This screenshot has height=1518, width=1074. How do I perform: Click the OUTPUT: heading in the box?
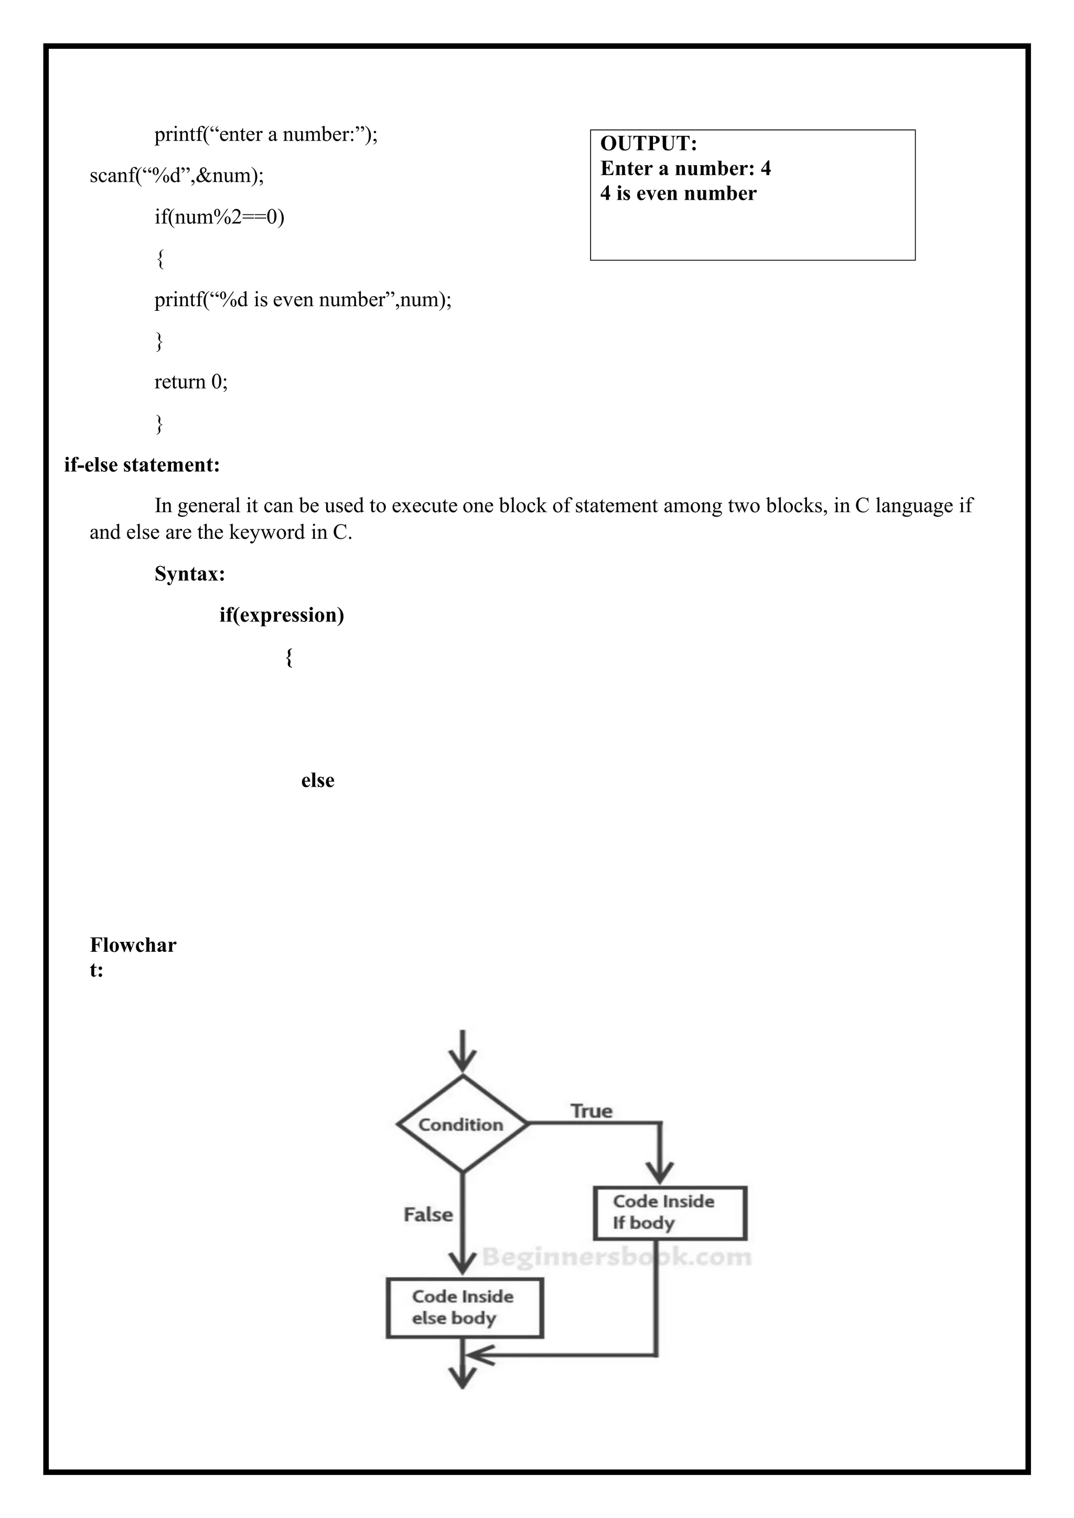pos(648,144)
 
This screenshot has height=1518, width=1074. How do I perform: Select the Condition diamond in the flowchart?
pos(462,1124)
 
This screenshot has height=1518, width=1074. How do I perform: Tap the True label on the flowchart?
pos(591,1111)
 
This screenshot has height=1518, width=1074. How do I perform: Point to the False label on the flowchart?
pos(428,1215)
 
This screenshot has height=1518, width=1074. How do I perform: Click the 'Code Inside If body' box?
pos(670,1212)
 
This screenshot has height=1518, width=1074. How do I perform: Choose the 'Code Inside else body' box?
pos(464,1307)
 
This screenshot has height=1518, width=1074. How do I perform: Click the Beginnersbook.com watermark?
pos(616,1257)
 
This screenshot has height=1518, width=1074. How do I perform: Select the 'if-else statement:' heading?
pos(142,465)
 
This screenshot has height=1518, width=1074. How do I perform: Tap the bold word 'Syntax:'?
pos(190,573)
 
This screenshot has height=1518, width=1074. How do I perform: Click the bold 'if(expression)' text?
pos(282,615)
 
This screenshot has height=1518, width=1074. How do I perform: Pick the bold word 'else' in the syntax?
pos(317,780)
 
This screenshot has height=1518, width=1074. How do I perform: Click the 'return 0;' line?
pos(191,382)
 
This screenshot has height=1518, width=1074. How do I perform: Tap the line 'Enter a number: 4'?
pos(685,169)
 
